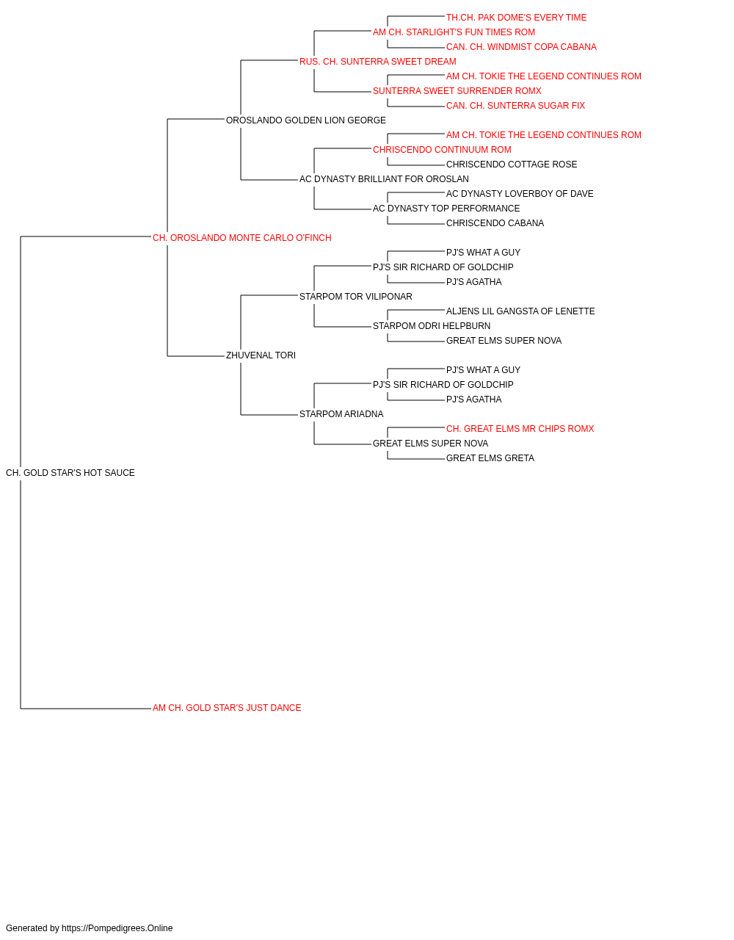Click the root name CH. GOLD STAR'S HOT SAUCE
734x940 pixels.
click(70, 473)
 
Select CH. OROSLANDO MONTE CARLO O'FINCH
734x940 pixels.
click(242, 238)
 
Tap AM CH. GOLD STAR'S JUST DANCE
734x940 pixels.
click(227, 708)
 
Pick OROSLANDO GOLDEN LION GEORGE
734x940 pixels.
click(306, 120)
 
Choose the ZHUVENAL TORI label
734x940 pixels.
click(261, 355)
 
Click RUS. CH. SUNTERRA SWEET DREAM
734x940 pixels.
click(378, 62)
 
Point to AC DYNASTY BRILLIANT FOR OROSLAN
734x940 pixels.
click(385, 179)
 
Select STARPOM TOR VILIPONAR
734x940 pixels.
click(356, 296)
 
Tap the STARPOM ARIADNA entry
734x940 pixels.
click(341, 414)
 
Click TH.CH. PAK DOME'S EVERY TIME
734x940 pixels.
click(517, 18)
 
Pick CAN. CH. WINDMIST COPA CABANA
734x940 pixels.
click(521, 47)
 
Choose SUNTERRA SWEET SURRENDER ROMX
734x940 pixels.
click(457, 91)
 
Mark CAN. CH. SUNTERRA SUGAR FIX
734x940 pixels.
click(516, 106)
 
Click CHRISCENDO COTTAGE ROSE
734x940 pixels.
click(512, 164)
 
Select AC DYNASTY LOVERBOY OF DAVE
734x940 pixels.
click(520, 194)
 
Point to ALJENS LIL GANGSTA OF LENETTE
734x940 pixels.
click(520, 311)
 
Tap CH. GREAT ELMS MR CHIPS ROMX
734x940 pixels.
click(520, 429)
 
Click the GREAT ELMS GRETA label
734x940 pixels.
click(490, 458)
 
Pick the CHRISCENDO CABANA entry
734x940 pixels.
click(495, 223)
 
